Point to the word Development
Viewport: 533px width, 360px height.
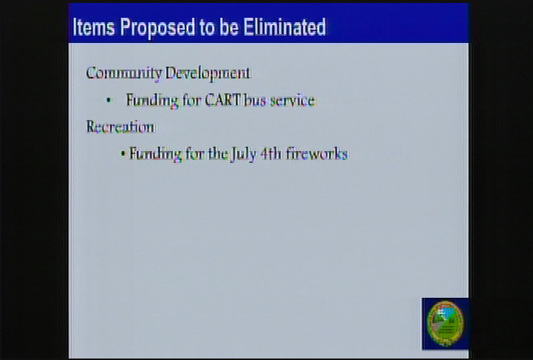point(208,73)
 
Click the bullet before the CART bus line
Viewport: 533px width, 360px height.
point(108,100)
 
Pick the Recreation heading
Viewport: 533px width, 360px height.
point(120,127)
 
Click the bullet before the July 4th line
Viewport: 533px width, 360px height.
point(123,154)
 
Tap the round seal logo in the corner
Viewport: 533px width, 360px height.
point(445,323)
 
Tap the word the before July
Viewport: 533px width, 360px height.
point(218,154)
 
